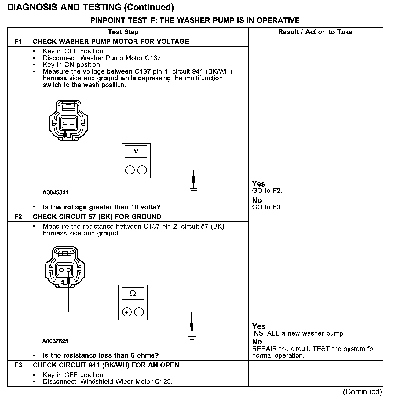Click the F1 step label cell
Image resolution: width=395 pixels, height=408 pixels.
point(18,42)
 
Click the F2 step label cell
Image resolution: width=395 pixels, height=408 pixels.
point(18,217)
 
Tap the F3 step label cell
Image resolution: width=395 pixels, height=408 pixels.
point(18,365)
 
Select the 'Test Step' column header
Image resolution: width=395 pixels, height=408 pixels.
point(123,32)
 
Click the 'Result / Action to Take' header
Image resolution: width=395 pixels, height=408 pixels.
point(315,32)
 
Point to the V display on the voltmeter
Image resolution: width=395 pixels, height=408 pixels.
point(136,151)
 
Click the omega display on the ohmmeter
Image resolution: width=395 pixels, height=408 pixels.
point(133,293)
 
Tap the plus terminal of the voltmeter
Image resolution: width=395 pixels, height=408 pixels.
point(130,170)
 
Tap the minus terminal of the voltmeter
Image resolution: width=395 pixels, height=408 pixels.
point(142,170)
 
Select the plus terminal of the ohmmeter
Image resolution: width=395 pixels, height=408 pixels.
point(127,312)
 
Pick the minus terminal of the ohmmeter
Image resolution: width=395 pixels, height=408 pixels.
point(139,312)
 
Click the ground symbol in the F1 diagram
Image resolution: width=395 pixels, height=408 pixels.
point(194,190)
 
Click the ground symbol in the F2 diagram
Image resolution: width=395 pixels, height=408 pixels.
point(192,338)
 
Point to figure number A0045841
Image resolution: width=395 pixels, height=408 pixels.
point(56,192)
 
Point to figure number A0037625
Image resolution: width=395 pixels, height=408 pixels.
point(55,341)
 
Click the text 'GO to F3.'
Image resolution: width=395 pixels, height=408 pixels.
point(267,207)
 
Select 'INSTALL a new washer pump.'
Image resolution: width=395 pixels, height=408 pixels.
point(298,333)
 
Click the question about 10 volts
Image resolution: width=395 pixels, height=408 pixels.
point(101,207)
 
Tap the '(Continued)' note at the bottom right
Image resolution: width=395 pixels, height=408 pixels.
point(362,392)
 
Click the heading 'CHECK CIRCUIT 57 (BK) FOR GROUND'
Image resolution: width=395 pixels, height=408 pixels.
point(97,217)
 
